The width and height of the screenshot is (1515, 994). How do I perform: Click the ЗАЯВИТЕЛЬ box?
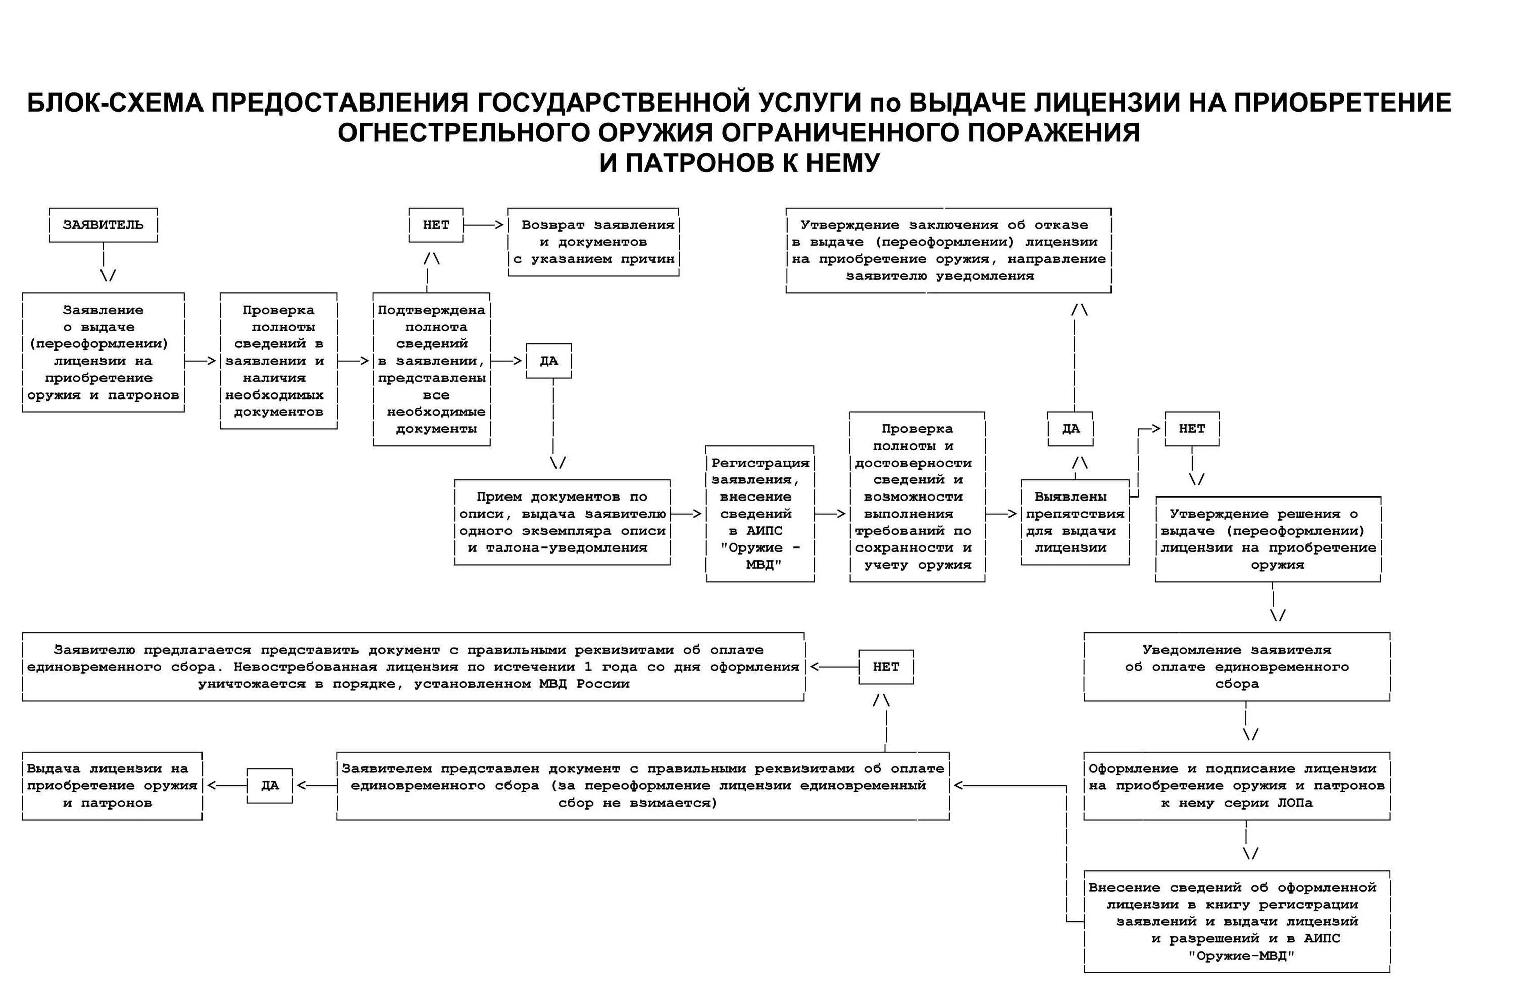tap(103, 225)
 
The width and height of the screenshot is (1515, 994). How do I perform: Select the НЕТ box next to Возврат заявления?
tap(436, 225)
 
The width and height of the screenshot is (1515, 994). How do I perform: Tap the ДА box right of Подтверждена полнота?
tap(549, 361)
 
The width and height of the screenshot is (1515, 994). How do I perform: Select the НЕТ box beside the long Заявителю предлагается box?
tap(886, 667)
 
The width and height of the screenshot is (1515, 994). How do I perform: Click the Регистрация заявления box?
tap(760, 514)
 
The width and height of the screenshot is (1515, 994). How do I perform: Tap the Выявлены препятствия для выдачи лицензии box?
tap(1075, 522)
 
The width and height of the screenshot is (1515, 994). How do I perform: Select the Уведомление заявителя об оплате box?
tap(1237, 667)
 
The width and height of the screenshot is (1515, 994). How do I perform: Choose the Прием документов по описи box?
tap(562, 522)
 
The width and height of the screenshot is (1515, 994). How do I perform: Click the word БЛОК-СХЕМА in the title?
tap(115, 103)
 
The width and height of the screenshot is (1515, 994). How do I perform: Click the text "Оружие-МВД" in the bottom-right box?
tap(1241, 956)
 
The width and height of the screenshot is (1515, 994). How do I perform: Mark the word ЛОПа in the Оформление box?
tap(1295, 803)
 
